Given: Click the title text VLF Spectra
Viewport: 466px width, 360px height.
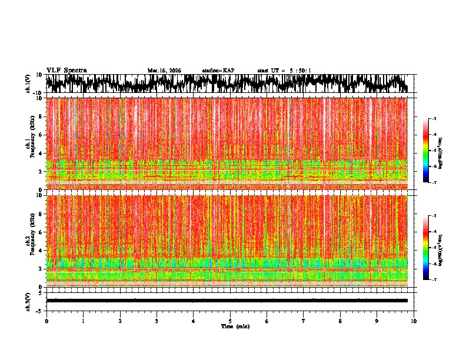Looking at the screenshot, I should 66,70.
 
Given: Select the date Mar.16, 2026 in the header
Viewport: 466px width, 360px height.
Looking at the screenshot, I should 164,71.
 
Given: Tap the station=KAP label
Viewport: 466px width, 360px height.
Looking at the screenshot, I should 218,71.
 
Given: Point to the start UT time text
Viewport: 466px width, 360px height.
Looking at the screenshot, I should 284,71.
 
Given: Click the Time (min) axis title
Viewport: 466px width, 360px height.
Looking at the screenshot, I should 235,326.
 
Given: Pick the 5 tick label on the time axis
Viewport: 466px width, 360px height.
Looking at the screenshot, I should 230,321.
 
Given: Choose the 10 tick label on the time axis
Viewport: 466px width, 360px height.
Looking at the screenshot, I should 414,321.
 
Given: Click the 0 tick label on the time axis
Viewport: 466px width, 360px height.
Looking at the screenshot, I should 46,321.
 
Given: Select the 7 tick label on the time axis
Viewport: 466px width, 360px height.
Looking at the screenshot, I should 304,321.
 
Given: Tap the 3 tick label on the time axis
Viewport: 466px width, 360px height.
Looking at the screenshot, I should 157,321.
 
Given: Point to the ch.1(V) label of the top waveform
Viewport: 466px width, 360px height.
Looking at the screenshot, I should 29,84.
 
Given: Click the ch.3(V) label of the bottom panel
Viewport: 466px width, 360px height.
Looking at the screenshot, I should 29,300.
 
